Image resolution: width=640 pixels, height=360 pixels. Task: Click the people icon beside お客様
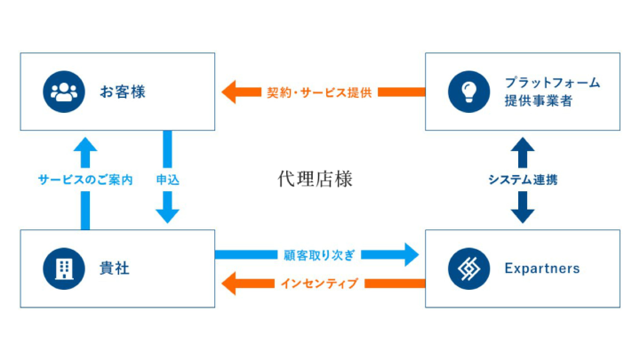click(x=63, y=92)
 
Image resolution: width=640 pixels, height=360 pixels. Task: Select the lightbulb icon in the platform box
click(x=468, y=92)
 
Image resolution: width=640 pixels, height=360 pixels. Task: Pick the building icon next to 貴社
click(x=63, y=268)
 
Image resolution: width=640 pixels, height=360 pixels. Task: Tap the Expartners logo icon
click(x=468, y=268)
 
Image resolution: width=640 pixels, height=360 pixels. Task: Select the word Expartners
click(x=540, y=268)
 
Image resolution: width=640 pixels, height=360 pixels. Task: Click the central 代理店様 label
click(x=316, y=179)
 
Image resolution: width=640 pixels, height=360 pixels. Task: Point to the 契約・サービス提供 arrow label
click(x=320, y=92)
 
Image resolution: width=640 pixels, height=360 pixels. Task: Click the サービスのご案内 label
click(x=85, y=180)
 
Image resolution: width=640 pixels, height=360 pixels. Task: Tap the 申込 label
click(x=167, y=180)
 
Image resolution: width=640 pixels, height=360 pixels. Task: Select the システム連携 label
click(x=523, y=180)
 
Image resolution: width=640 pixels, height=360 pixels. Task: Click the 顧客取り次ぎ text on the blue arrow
click(x=320, y=255)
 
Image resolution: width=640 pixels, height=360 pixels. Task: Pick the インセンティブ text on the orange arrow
click(x=320, y=284)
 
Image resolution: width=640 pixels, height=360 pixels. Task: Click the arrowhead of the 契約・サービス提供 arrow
click(x=229, y=92)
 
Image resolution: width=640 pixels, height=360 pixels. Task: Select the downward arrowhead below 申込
click(x=167, y=214)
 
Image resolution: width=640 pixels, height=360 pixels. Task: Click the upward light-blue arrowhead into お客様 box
click(x=85, y=145)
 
